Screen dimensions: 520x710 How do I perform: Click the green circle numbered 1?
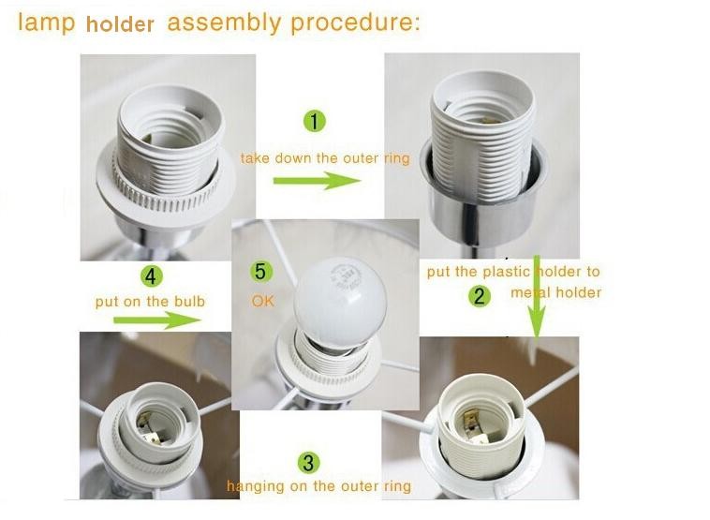(315, 120)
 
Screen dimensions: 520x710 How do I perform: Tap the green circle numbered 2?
(480, 297)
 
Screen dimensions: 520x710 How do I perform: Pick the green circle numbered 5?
(263, 272)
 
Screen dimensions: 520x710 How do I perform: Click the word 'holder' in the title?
(120, 24)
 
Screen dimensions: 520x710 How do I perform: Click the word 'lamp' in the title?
(47, 22)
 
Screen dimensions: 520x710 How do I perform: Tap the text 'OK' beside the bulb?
(263, 302)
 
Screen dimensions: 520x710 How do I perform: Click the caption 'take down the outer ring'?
(324, 158)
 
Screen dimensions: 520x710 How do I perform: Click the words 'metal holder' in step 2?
(555, 292)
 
